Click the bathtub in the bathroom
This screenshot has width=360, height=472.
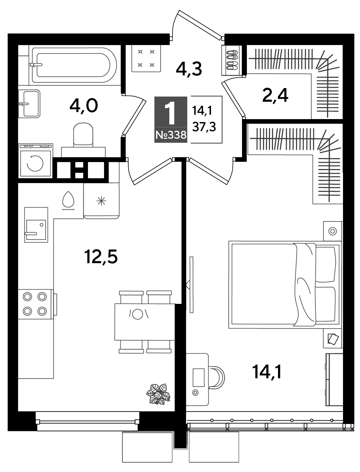[x=74, y=65]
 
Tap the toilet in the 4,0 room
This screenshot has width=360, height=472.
[x=83, y=140]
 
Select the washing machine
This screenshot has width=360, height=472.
[x=35, y=161]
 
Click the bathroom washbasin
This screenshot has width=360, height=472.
[x=29, y=104]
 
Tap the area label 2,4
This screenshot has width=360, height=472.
[x=275, y=96]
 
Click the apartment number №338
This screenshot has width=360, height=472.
[x=171, y=135]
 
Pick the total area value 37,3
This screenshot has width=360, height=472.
[x=204, y=127]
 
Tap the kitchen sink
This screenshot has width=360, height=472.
[x=36, y=225]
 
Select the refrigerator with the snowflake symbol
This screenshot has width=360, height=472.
[x=101, y=201]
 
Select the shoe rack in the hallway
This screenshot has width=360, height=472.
[x=232, y=60]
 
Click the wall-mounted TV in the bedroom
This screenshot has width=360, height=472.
[x=191, y=285]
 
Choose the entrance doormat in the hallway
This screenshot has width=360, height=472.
[x=146, y=58]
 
